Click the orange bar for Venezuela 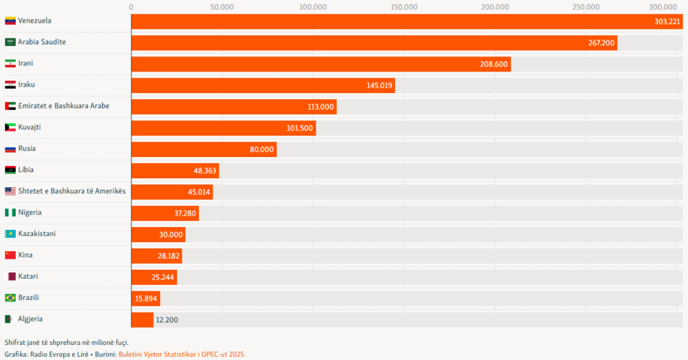406,21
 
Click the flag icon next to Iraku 10,85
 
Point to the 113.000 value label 321,107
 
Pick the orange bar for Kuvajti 223,128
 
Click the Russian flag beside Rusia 10,149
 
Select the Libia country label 26,170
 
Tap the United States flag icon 10,191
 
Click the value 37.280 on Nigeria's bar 183,213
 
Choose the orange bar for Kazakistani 158,235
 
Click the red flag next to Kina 10,255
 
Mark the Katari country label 28,277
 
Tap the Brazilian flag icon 10,298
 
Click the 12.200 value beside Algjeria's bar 167,320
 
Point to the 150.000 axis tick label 404,7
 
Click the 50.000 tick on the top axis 222,7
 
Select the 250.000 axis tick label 586,7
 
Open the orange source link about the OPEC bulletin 181,354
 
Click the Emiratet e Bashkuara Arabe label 63,106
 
